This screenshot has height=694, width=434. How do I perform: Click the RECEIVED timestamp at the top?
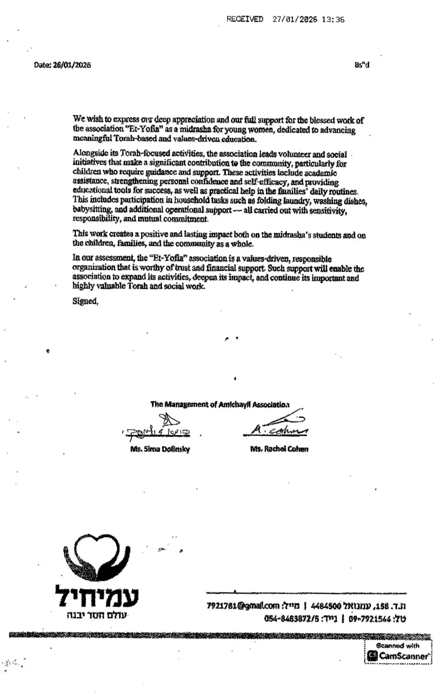(285, 19)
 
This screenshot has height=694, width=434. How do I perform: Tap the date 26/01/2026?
(72, 65)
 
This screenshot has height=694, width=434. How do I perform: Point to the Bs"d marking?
(362, 65)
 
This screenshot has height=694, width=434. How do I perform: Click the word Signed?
(85, 301)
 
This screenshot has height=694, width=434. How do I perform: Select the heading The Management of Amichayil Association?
(220, 404)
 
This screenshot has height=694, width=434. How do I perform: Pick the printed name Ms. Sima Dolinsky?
(160, 449)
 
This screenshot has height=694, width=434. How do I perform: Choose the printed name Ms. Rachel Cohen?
(279, 449)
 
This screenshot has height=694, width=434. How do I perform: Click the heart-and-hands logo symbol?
(97, 560)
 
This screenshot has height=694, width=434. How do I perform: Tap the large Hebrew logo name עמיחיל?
(97, 597)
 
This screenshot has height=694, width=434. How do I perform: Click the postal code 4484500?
(326, 605)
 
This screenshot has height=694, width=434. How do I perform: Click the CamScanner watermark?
(398, 653)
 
